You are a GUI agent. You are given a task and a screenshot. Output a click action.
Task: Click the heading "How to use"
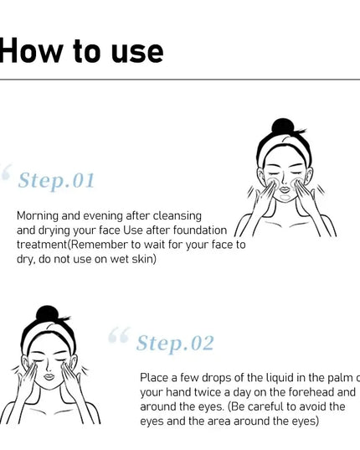point(81,51)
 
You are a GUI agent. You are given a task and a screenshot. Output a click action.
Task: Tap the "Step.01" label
point(56,180)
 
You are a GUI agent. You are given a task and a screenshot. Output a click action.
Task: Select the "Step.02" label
point(175,344)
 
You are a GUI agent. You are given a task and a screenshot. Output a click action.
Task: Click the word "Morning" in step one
point(38,216)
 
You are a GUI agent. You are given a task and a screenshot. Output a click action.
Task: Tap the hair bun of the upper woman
point(283,127)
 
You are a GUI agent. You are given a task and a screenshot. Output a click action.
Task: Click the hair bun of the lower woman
point(47,313)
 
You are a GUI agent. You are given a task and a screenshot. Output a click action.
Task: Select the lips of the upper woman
point(285,189)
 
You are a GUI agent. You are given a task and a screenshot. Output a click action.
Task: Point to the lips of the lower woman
point(49,376)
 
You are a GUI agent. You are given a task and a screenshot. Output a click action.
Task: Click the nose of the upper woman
point(284,180)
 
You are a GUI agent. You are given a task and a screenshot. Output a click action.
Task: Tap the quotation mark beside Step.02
point(119,335)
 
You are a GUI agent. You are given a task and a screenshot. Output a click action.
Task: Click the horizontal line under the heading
point(180,80)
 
